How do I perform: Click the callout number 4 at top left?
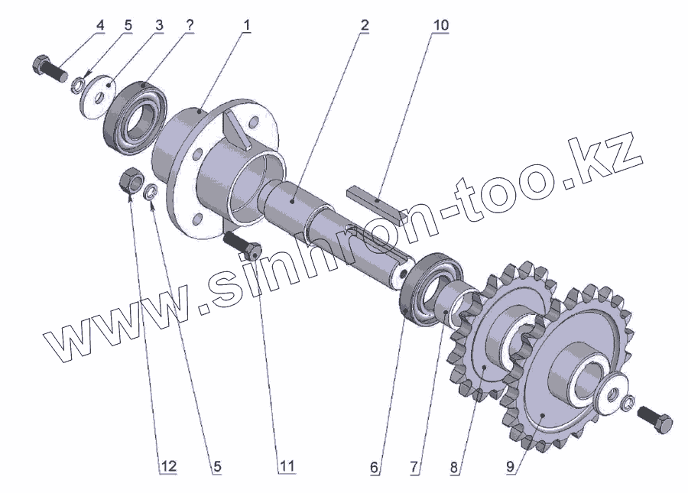coord(100,25)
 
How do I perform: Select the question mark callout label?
coord(190,25)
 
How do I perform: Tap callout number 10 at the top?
coord(440,25)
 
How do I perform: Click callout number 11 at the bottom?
coord(287,466)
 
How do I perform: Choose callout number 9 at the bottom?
coord(510,467)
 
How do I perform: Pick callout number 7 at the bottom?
coord(414,467)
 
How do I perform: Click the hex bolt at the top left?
coord(50,70)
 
